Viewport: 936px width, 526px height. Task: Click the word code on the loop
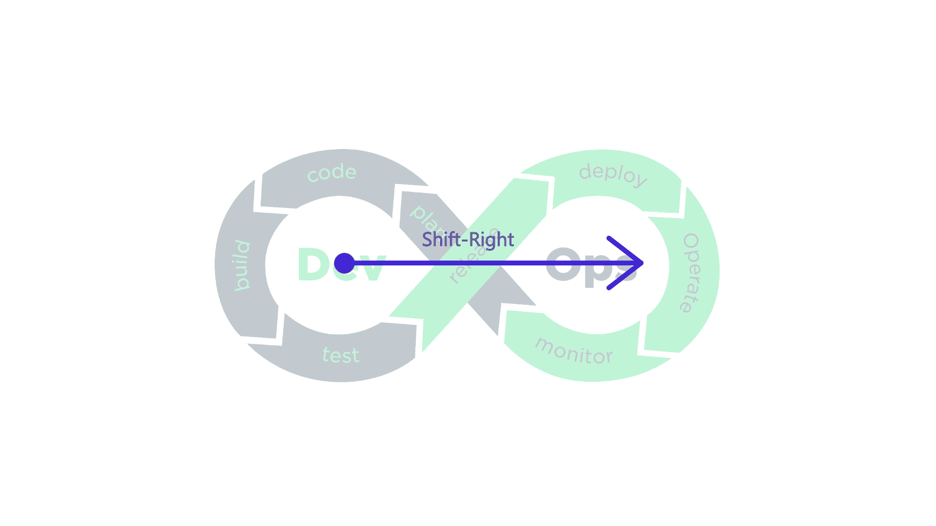click(x=332, y=172)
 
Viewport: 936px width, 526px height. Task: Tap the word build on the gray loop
click(x=242, y=265)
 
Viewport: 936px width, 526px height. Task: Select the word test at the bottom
click(x=341, y=356)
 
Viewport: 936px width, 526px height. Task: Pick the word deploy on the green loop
click(x=613, y=174)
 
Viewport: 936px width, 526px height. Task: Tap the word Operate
click(x=691, y=273)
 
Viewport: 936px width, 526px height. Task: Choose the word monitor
click(x=574, y=352)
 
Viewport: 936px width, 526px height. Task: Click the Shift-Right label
click(x=468, y=240)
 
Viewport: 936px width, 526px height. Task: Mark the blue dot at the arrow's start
click(x=344, y=263)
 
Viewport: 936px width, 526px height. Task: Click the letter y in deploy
click(x=641, y=181)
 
